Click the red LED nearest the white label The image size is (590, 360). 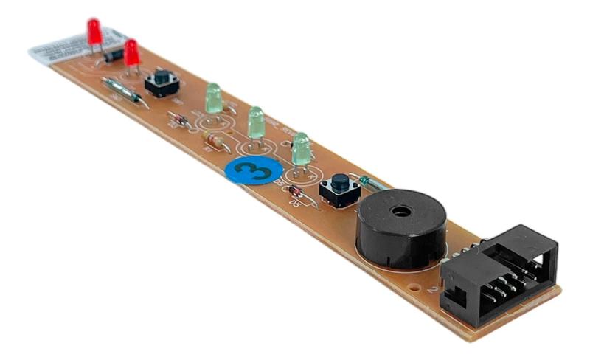coord(94,32)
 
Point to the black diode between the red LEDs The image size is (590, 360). coord(113,55)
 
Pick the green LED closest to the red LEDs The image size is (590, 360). coord(212,97)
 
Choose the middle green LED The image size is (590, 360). coord(255,122)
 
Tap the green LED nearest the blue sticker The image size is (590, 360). coord(300,148)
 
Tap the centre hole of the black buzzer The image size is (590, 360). coord(400,211)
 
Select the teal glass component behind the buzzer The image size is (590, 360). coord(371,182)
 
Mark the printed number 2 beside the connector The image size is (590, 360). coord(431,290)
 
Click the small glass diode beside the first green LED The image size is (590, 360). coord(178,119)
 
